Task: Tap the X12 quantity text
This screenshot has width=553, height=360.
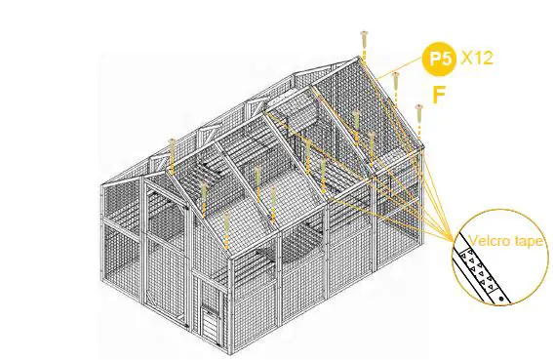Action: click(x=476, y=59)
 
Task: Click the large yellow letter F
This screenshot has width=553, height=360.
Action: click(x=440, y=96)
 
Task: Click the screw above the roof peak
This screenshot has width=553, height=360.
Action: click(x=364, y=41)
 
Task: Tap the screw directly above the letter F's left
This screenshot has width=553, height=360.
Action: click(x=419, y=120)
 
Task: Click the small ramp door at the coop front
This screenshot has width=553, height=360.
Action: click(x=210, y=326)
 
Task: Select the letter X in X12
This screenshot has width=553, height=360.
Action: click(x=466, y=59)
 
